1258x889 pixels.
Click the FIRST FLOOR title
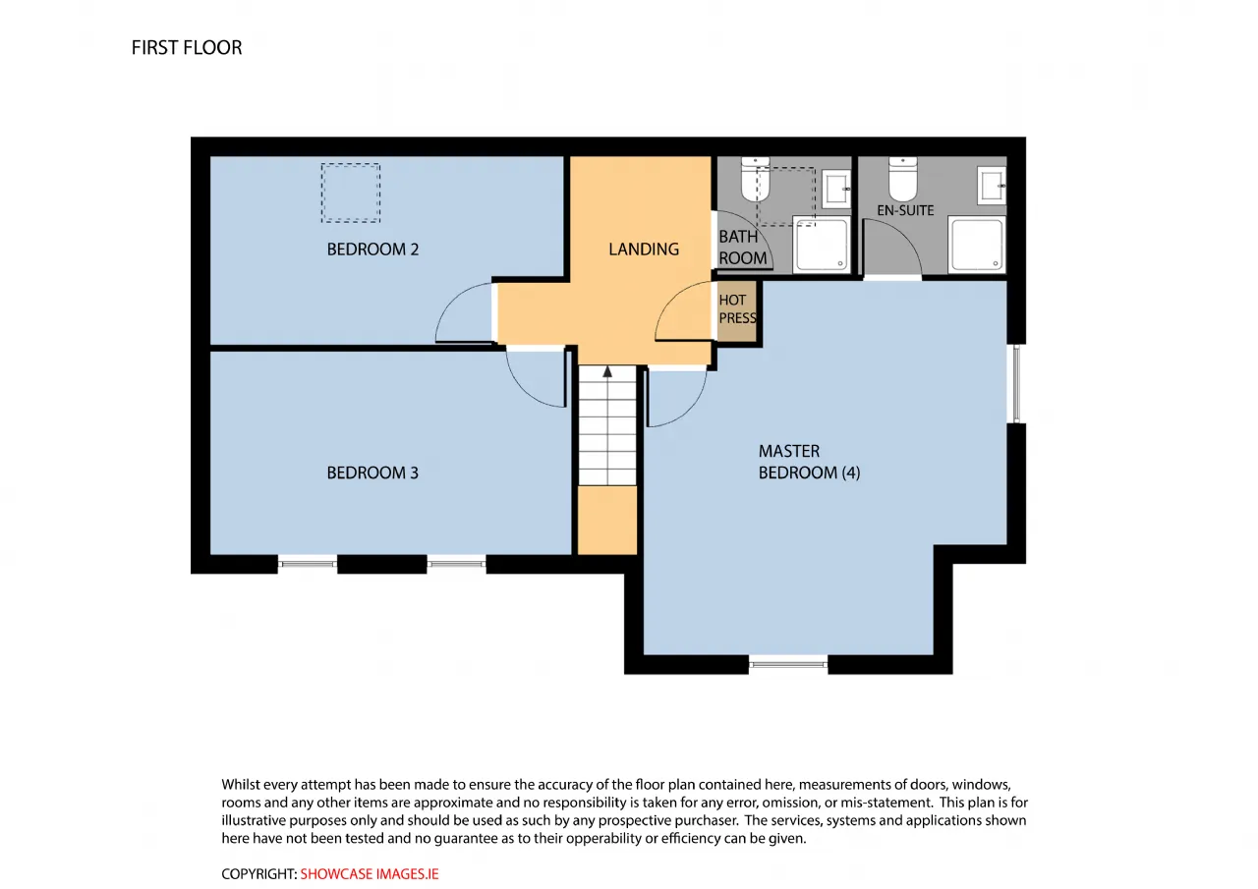coord(187,48)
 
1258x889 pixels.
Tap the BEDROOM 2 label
coord(372,250)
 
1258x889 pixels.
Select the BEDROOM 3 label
coord(372,473)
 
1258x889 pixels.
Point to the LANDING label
coord(644,250)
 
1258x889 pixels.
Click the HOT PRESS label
coord(737,309)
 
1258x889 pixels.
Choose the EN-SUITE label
coord(905,210)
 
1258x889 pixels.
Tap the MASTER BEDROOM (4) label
coord(809,462)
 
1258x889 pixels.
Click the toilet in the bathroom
coord(756,179)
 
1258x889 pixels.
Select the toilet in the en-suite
coord(903,179)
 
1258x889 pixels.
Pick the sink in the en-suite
coord(992,185)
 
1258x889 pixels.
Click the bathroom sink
coord(836,190)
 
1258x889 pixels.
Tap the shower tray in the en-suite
coord(977,245)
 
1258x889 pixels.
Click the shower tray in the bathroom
coord(822,246)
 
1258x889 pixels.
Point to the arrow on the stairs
coord(607,371)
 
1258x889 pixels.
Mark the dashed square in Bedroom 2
coord(351,194)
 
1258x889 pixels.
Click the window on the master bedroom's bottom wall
coord(788,664)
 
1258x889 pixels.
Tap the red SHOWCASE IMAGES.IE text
coord(369,874)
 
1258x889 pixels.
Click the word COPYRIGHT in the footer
coord(258,874)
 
